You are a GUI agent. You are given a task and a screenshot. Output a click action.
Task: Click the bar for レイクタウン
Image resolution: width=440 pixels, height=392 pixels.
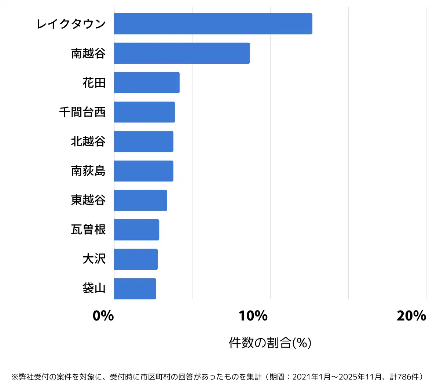pyautogui.click(x=213, y=24)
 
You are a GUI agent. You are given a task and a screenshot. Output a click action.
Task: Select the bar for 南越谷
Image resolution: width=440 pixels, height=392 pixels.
pyautogui.click(x=182, y=53)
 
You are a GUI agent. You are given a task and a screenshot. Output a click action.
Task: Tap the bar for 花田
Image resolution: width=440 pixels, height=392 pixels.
pyautogui.click(x=147, y=83)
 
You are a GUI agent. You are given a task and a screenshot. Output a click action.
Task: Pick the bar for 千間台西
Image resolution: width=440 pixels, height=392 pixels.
pyautogui.click(x=144, y=112)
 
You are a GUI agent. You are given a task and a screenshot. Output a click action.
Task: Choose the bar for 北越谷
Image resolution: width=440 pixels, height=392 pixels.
pyautogui.click(x=144, y=142)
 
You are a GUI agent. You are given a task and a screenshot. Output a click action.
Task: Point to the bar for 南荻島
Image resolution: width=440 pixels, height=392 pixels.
pyautogui.click(x=144, y=171)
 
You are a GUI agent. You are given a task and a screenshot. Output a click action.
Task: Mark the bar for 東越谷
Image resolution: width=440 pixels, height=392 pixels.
pyautogui.click(x=140, y=200)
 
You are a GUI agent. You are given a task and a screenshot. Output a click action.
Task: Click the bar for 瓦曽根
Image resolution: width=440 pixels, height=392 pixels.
pyautogui.click(x=136, y=230)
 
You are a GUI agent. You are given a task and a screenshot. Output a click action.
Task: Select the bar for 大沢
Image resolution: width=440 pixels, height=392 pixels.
pyautogui.click(x=136, y=259)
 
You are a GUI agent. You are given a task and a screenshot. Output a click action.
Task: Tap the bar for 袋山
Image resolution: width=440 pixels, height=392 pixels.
pyautogui.click(x=135, y=289)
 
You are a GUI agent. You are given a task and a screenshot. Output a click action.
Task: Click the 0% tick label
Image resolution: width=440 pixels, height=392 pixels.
pyautogui.click(x=103, y=316)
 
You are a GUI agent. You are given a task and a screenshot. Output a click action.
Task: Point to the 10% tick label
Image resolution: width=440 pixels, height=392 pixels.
pyautogui.click(x=253, y=316)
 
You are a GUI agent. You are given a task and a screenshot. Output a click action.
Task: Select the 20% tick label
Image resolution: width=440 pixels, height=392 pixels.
pyautogui.click(x=411, y=316)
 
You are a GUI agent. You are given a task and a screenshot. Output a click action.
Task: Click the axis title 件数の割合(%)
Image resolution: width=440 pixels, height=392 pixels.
pyautogui.click(x=270, y=343)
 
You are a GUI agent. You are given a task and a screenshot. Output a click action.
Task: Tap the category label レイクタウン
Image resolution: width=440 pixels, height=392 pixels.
pyautogui.click(x=71, y=24)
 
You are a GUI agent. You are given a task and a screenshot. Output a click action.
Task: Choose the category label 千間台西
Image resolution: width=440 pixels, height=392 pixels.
pyautogui.click(x=82, y=112)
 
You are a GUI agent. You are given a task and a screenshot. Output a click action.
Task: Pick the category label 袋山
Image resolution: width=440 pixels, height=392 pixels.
pyautogui.click(x=94, y=289)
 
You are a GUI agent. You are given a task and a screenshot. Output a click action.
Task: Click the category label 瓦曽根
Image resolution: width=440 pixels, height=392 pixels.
pyautogui.click(x=88, y=230)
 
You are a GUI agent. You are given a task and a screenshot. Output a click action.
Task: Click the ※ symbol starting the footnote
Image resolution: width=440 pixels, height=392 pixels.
pyautogui.click(x=15, y=377)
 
